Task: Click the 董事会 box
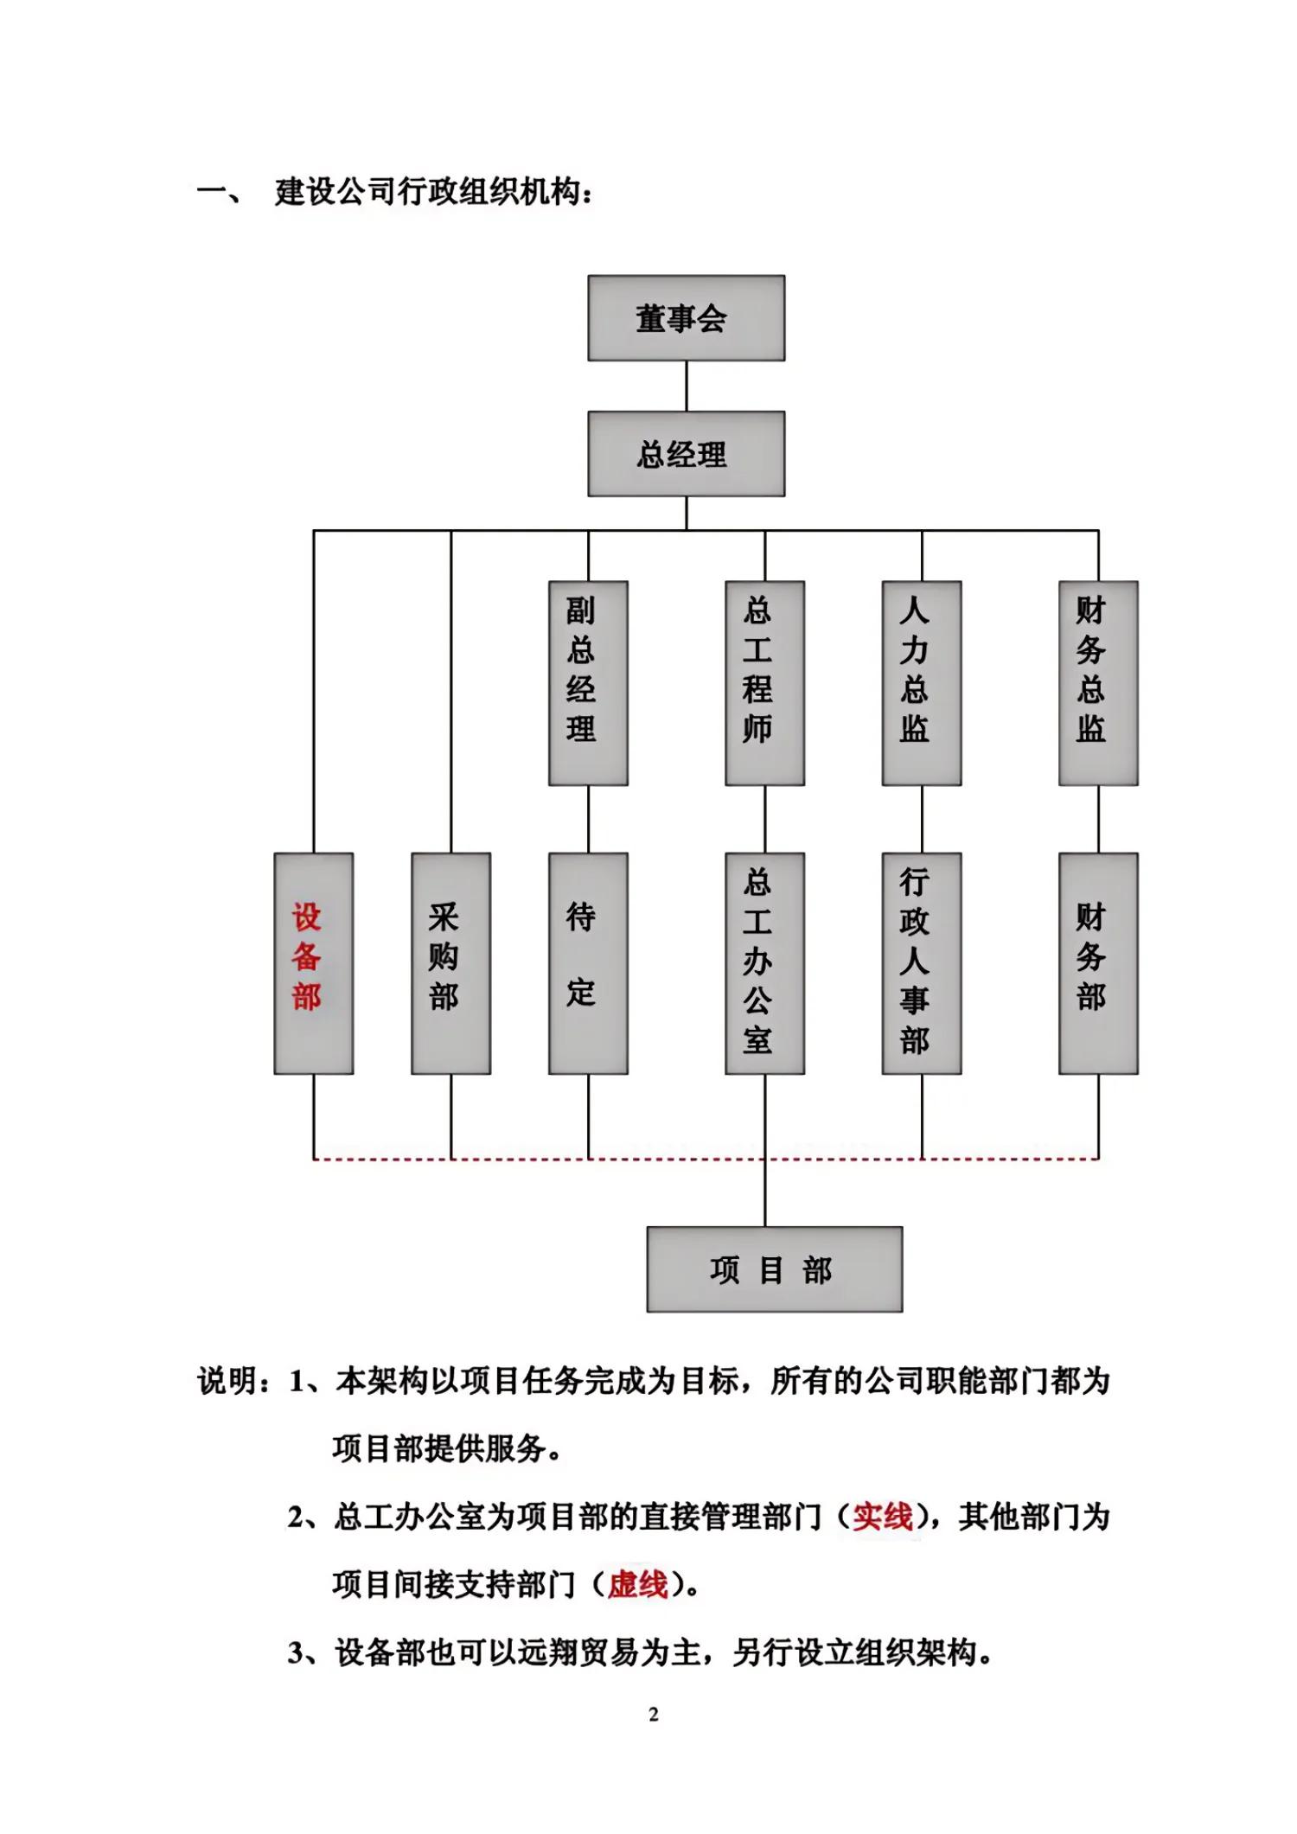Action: pyautogui.click(x=686, y=318)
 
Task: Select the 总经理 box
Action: pyautogui.click(x=686, y=454)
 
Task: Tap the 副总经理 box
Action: pyautogui.click(x=588, y=683)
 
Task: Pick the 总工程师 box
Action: pyautogui.click(x=764, y=683)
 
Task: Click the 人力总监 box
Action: pyautogui.click(x=921, y=683)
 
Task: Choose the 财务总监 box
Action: pyautogui.click(x=1097, y=683)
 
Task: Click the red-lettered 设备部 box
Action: pyautogui.click(x=313, y=963)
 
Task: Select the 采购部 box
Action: pyautogui.click(x=450, y=963)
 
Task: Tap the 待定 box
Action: pyautogui.click(x=588, y=963)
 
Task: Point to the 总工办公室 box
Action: pyautogui.click(x=764, y=963)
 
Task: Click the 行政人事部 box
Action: pyautogui.click(x=921, y=963)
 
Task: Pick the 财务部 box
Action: pyautogui.click(x=1097, y=963)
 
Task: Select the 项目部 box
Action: pyautogui.click(x=774, y=1269)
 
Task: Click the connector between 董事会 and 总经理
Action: pyautogui.click(x=687, y=386)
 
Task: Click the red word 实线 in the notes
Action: pyautogui.click(x=882, y=1517)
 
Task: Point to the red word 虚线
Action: pyautogui.click(x=637, y=1585)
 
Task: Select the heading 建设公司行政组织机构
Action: pyautogui.click(x=432, y=192)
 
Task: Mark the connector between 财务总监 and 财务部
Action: pyautogui.click(x=1098, y=819)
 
